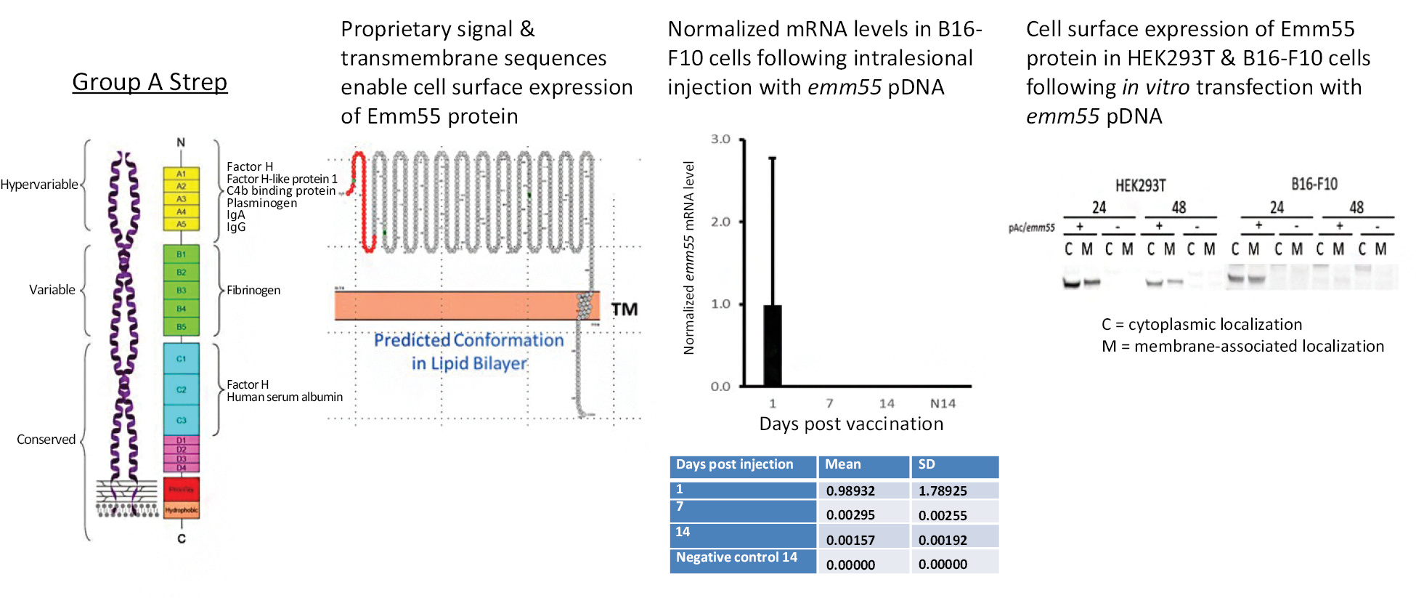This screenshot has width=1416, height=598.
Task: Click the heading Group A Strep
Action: (150, 82)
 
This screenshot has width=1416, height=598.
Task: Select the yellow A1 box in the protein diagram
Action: (182, 174)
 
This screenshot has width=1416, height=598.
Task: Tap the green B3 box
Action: (182, 290)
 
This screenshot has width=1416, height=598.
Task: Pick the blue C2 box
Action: (182, 389)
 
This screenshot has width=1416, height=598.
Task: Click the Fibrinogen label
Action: (253, 290)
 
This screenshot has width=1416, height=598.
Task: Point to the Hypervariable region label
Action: (39, 185)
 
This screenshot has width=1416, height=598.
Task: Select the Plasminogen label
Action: (261, 203)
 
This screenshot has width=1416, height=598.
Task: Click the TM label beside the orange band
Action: (624, 310)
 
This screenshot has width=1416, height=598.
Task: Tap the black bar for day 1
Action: (773, 346)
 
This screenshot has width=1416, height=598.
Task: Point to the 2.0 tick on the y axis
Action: (720, 222)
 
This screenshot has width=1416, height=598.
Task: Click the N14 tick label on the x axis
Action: (943, 403)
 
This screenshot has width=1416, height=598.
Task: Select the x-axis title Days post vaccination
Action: (851, 424)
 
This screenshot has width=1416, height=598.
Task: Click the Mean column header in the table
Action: (843, 464)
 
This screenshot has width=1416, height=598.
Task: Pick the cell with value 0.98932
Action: (850, 491)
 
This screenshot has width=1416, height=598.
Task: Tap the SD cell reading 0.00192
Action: (943, 540)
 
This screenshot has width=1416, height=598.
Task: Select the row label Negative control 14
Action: (736, 557)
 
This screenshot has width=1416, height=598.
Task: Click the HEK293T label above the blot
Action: (1140, 185)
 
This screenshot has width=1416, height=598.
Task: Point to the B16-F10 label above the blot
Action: (1314, 184)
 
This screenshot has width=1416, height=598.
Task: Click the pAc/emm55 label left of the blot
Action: (1031, 227)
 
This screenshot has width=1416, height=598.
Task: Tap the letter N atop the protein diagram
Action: (181, 142)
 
